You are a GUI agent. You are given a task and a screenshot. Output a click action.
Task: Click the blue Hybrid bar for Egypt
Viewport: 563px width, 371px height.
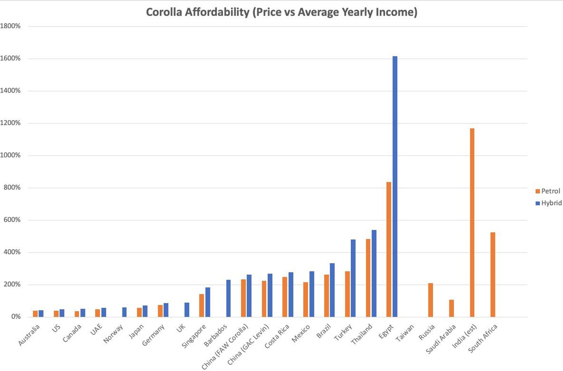tap(395, 186)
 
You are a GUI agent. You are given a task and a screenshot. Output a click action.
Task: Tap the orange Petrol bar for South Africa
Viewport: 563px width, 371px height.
tap(493, 275)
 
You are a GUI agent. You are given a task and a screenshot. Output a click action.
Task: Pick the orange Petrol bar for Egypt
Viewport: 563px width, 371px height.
tap(388, 249)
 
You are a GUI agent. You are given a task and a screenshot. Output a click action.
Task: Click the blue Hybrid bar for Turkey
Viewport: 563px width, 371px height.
tap(353, 278)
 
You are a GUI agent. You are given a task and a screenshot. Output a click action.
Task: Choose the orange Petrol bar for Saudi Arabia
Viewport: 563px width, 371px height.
tap(451, 308)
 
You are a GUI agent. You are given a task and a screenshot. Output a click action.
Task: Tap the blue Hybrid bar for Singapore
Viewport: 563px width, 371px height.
tap(208, 302)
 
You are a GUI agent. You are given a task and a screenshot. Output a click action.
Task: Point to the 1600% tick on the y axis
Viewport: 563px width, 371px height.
tap(11, 58)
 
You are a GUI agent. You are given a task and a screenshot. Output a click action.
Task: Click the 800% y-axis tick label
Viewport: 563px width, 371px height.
tap(12, 187)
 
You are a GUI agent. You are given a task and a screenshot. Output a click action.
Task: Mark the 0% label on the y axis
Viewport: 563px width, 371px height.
tap(15, 316)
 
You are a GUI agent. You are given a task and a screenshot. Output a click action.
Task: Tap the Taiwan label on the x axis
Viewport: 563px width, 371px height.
tap(405, 333)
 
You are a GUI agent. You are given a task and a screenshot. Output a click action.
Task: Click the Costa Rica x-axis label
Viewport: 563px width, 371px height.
tap(277, 336)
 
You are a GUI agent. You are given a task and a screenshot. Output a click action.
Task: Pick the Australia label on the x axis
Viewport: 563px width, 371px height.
tap(29, 335)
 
